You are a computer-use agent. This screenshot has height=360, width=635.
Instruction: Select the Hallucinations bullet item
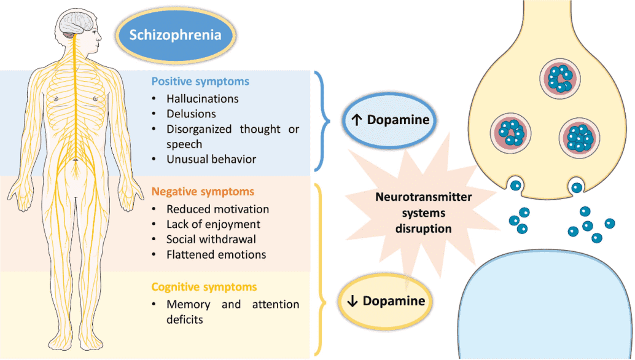(x=203, y=98)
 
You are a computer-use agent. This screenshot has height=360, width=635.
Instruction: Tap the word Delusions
(x=191, y=114)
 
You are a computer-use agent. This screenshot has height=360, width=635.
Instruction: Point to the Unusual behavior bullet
(x=211, y=159)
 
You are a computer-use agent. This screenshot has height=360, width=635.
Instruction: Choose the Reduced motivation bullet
(x=217, y=209)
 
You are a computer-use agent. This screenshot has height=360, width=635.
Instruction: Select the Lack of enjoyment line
(x=213, y=224)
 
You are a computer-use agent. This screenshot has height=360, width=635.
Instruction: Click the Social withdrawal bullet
(x=211, y=239)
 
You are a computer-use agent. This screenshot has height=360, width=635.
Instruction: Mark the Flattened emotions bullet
(x=216, y=254)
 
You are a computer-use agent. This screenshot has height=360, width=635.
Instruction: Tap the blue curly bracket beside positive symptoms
(x=322, y=120)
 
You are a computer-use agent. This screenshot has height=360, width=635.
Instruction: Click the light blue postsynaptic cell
(x=547, y=307)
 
